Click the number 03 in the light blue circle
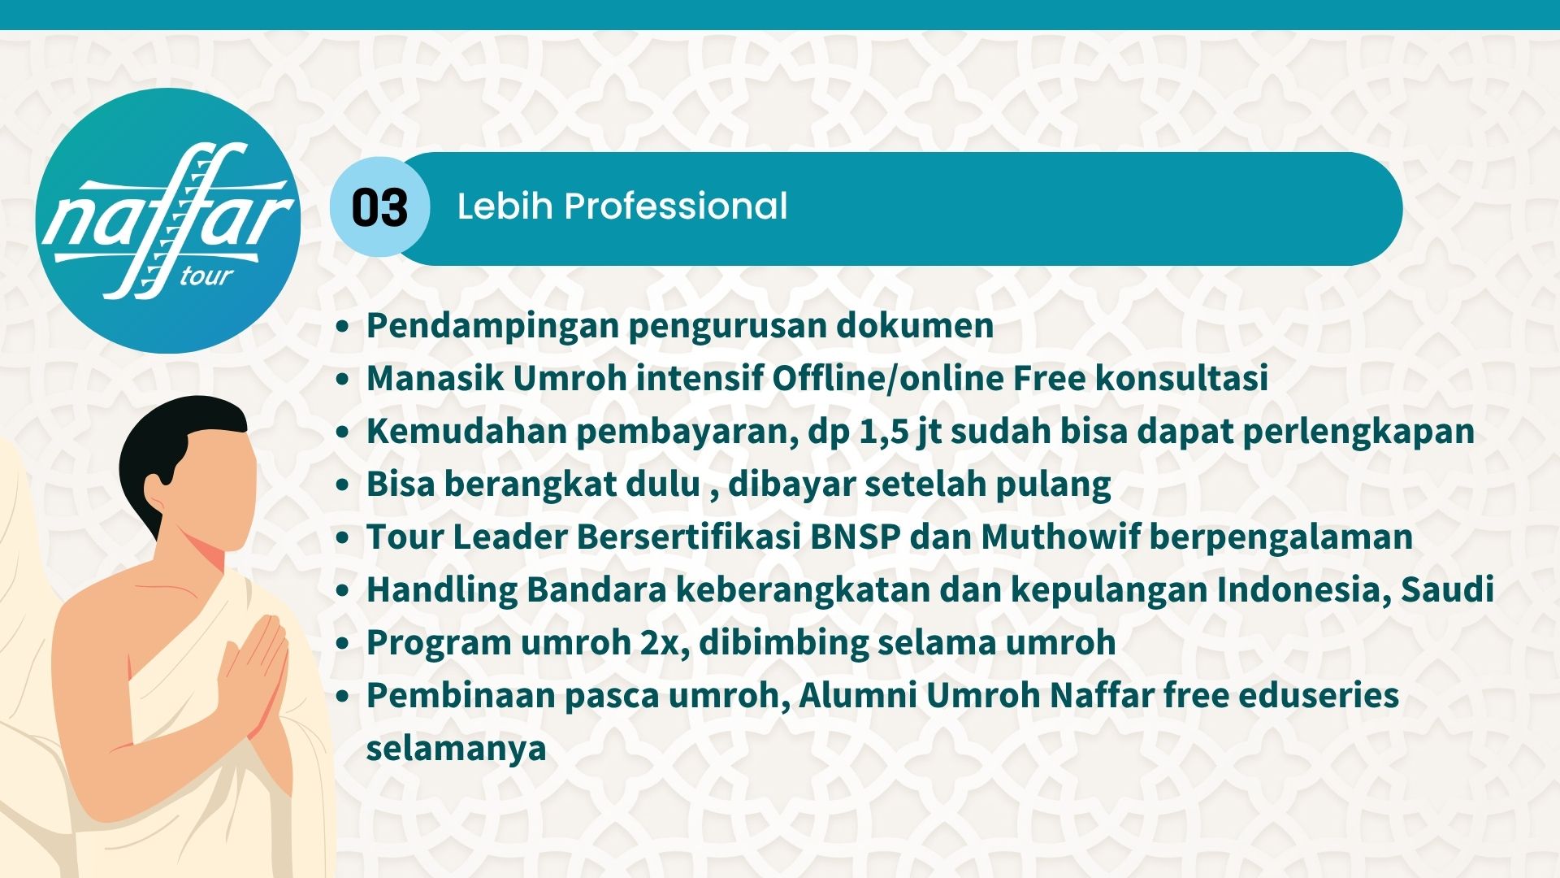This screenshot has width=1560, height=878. pyautogui.click(x=379, y=208)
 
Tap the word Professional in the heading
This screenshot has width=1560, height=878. pyautogui.click(x=676, y=206)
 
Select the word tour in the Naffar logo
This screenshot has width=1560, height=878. pyautogui.click(x=206, y=276)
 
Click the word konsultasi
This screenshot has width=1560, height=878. pyautogui.click(x=1181, y=378)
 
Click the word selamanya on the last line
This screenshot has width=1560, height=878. pyautogui.click(x=456, y=749)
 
